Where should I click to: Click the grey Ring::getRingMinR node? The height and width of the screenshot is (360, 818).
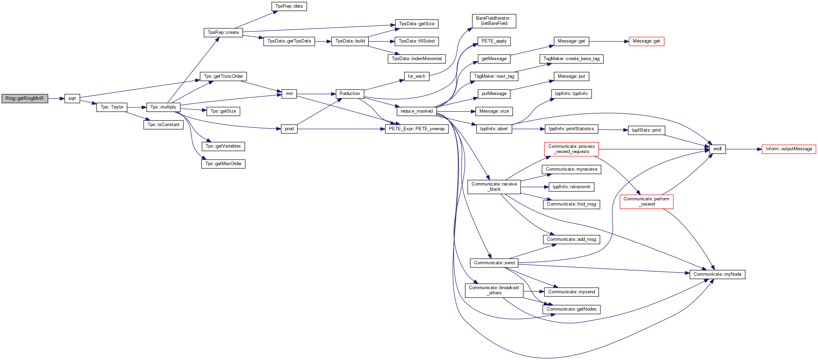[25, 98]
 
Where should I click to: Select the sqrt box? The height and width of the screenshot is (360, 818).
[72, 98]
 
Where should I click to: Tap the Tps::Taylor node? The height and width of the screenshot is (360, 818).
[112, 107]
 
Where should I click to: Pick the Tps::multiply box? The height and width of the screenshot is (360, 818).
[163, 107]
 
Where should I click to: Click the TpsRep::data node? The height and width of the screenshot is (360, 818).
[289, 6]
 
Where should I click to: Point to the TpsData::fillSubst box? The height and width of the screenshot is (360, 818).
[417, 41]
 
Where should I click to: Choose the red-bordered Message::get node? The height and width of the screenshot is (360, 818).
[646, 41]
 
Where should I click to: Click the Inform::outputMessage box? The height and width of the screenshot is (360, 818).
[789, 149]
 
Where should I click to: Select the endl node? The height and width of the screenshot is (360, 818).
[717, 149]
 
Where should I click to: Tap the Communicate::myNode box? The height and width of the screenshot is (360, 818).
[717, 274]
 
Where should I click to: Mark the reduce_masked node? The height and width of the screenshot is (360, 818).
[417, 111]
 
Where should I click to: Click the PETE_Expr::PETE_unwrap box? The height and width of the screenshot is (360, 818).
[417, 129]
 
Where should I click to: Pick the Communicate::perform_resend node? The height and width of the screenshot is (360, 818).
[646, 201]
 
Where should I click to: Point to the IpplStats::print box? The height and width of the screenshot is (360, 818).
[646, 130]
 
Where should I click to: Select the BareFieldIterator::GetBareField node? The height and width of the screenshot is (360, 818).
[494, 21]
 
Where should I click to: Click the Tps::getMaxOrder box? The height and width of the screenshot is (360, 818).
[223, 164]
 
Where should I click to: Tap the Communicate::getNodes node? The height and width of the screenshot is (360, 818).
[571, 309]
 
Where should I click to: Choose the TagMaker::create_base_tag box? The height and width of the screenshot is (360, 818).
[571, 59]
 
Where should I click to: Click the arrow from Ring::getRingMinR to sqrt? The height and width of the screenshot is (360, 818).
[56, 98]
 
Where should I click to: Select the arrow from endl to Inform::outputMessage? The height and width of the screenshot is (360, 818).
[744, 149]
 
